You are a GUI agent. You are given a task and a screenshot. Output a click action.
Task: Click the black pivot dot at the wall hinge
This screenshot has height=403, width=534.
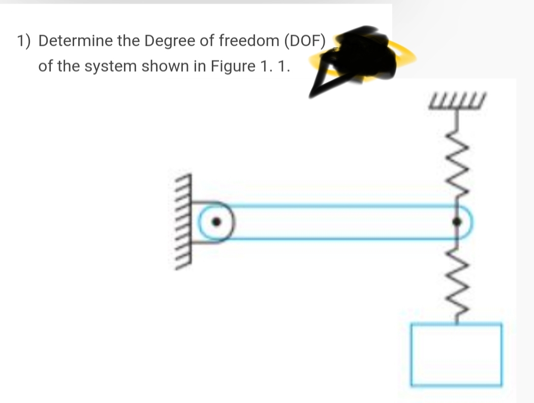(x=217, y=222)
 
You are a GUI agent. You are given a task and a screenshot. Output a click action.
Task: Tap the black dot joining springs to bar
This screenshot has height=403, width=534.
(x=457, y=221)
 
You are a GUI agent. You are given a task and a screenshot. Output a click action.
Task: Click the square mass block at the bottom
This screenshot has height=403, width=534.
(x=456, y=354)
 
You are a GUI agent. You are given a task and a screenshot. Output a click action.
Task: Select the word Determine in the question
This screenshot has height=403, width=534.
(x=76, y=41)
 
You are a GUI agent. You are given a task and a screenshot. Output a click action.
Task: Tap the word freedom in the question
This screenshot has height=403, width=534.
(x=243, y=41)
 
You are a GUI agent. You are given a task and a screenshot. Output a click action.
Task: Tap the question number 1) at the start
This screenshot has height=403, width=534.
(x=24, y=41)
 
